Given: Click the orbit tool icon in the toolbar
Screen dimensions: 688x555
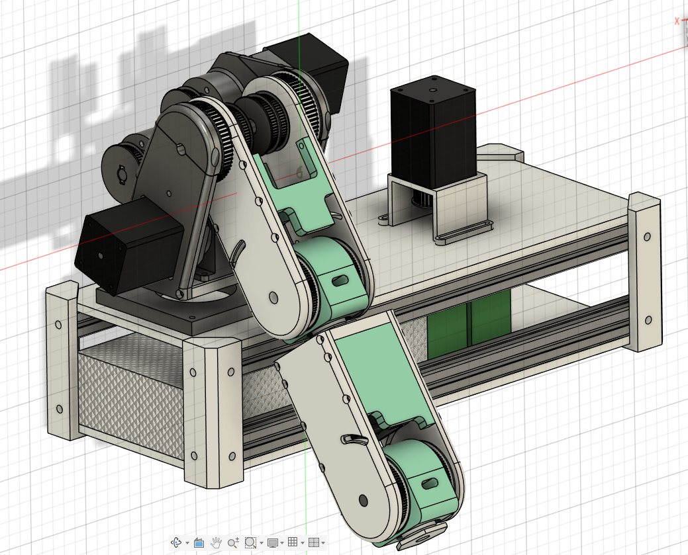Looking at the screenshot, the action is coord(177,542).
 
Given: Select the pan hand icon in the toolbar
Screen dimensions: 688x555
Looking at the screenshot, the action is coord(216,542).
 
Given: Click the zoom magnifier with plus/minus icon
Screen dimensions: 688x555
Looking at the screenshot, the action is coord(232,542).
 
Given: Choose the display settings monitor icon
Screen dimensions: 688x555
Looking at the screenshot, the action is coord(272,542).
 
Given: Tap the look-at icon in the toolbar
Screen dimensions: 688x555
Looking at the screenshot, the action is coord(198,542).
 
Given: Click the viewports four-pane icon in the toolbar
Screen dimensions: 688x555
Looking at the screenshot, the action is coord(314,542).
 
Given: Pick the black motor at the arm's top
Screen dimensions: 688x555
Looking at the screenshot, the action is coord(311,66).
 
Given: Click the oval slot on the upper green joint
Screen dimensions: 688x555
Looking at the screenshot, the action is coord(339,281).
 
